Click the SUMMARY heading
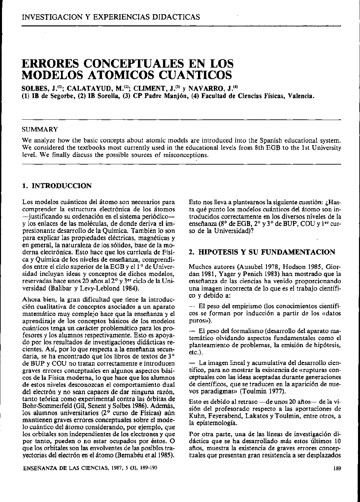click(40, 129)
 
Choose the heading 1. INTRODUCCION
click(56, 186)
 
